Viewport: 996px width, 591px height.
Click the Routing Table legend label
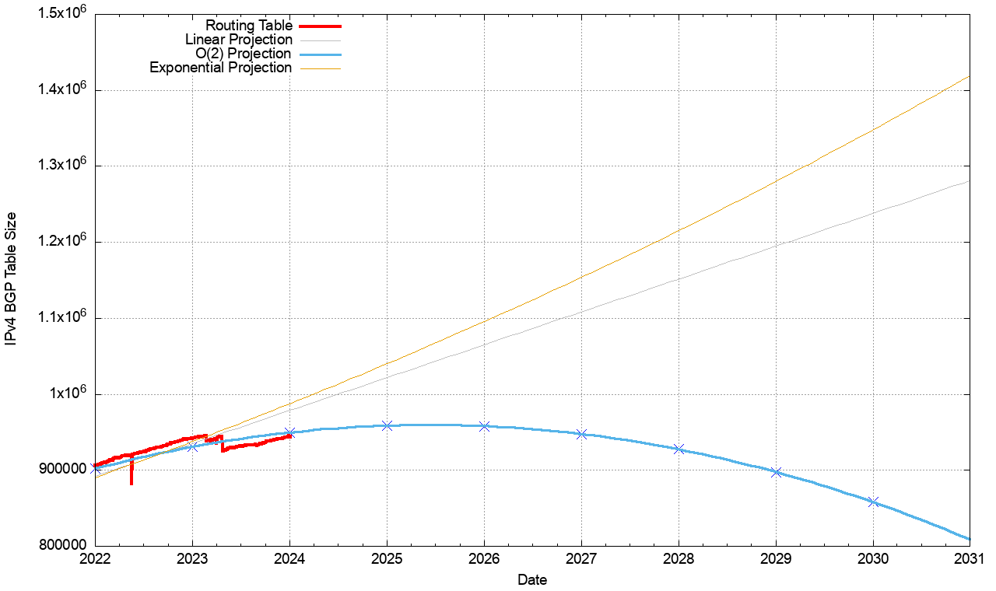[249, 26]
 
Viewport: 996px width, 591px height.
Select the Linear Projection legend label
[239, 40]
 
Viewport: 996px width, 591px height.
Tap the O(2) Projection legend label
[244, 54]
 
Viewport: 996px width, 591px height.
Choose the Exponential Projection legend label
[220, 68]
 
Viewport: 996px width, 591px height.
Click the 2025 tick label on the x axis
[387, 558]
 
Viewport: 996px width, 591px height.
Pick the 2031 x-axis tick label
[970, 558]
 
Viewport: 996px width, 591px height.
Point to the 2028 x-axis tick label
[679, 558]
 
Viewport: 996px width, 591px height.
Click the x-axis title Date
[532, 580]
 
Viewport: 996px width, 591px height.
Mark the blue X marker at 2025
[387, 425]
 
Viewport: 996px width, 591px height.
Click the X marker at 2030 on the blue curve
[873, 502]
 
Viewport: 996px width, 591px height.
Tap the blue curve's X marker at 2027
[581, 434]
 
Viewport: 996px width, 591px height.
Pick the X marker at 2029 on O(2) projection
[776, 472]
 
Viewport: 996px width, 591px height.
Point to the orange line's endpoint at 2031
[969, 77]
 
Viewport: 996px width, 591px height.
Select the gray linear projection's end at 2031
[969, 181]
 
